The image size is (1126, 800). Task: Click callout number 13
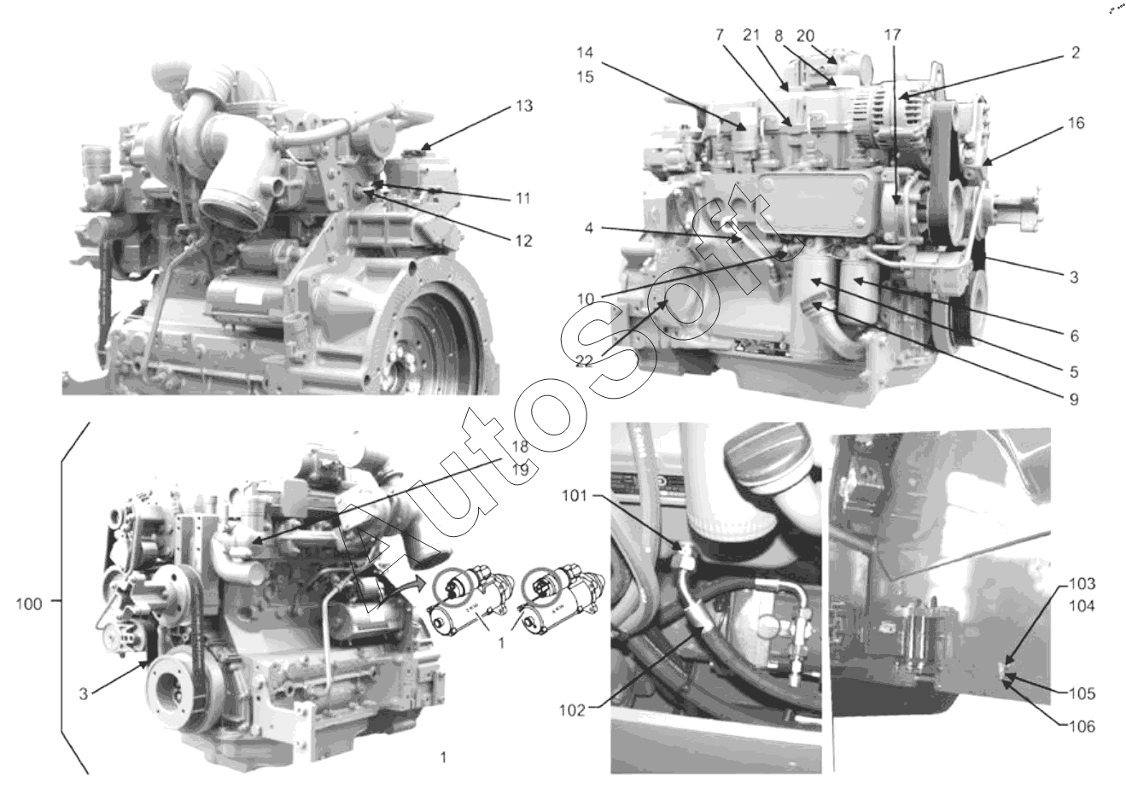[524, 106]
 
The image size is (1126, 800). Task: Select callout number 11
[523, 199]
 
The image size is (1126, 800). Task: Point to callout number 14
[585, 52]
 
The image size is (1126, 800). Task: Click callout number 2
[1076, 52]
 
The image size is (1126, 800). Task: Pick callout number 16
[1076, 123]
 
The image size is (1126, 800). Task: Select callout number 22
[584, 361]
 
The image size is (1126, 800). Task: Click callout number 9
[1074, 400]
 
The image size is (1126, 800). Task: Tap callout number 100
[29, 604]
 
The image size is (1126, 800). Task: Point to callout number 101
[575, 496]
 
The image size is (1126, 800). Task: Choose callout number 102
[573, 710]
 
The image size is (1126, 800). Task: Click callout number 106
[1082, 727]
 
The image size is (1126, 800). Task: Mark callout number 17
[893, 35]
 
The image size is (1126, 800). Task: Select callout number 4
[589, 228]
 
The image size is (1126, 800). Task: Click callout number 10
[586, 299]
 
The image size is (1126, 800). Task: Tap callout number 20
[805, 36]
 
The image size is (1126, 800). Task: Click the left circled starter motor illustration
[470, 603]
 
